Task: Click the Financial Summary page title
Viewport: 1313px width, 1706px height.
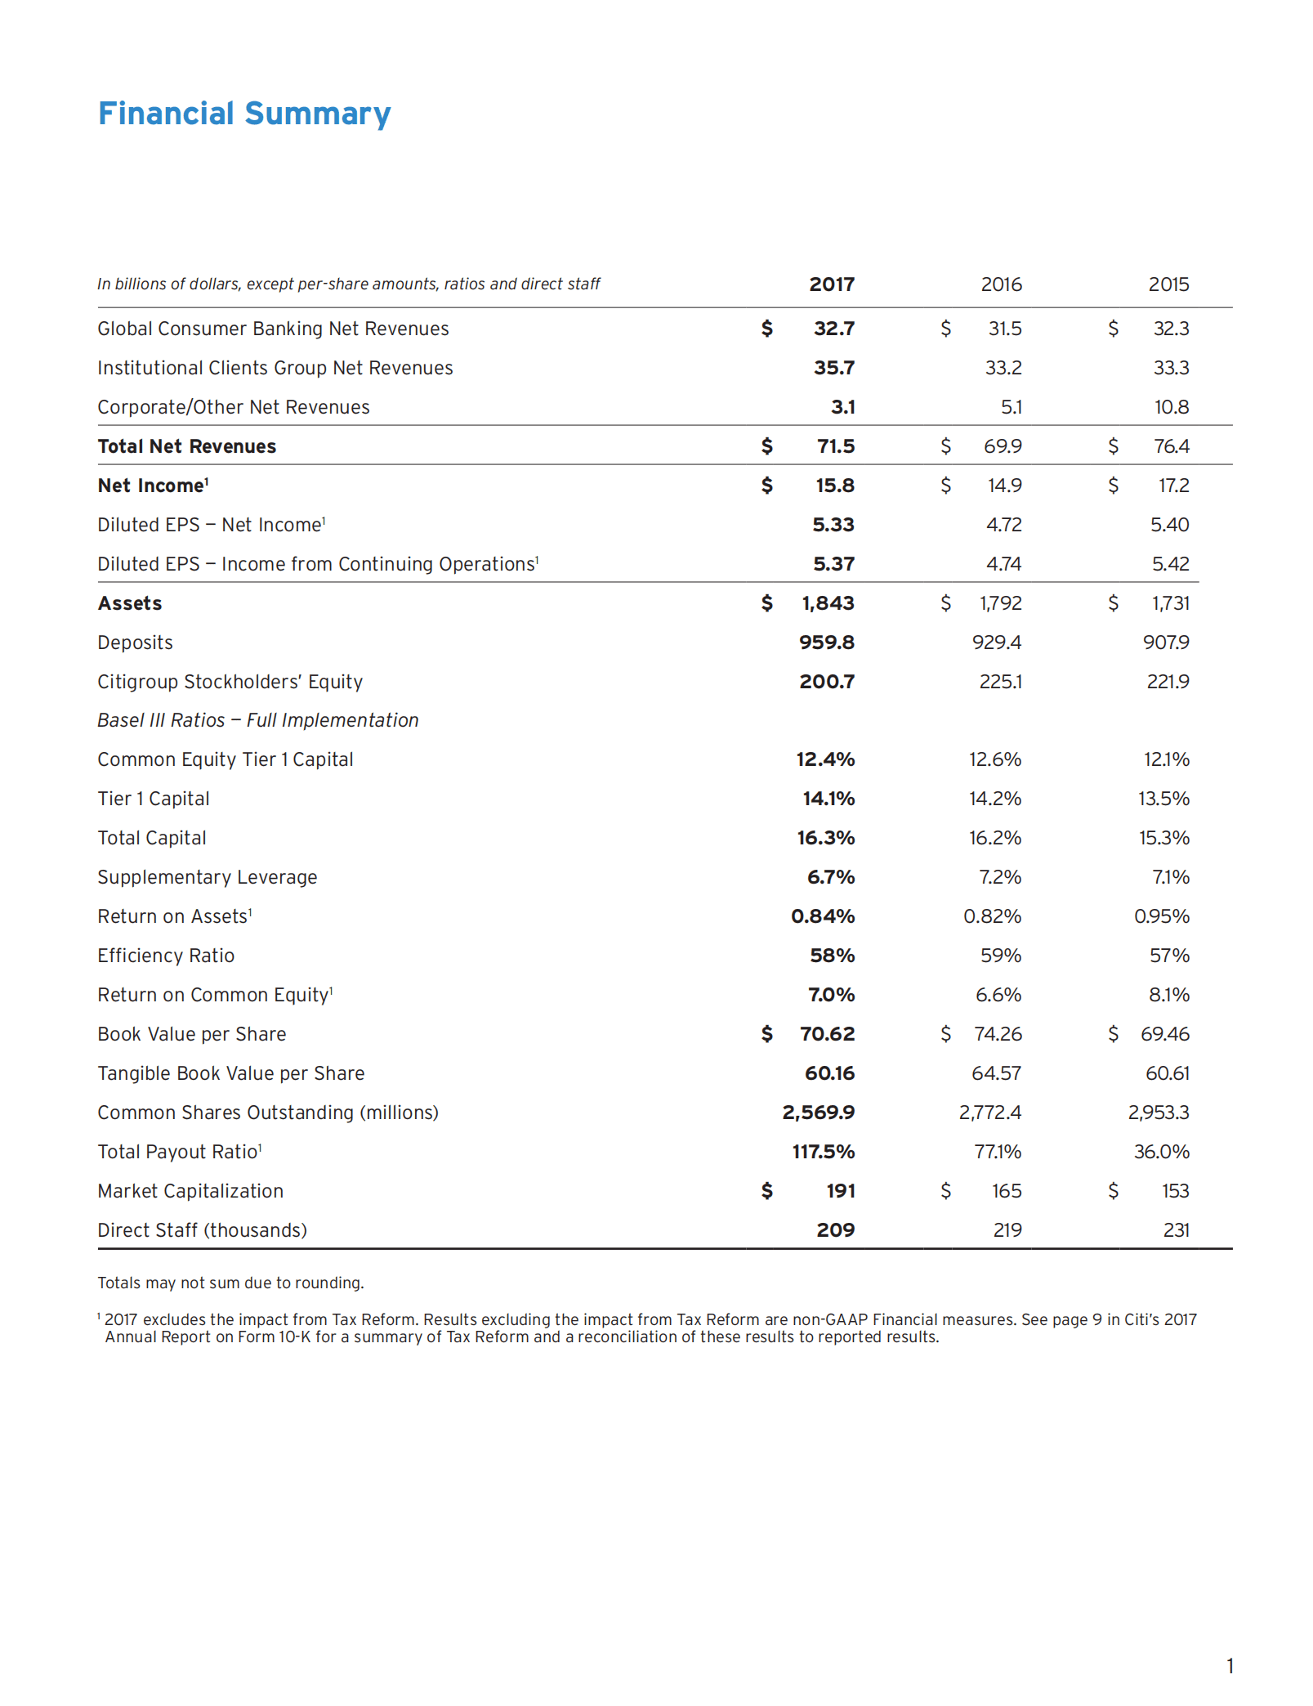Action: point(244,114)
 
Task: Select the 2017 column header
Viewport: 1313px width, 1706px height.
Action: point(831,284)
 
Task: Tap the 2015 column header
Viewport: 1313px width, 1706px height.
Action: point(1168,284)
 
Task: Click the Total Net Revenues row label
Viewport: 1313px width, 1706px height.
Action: point(187,446)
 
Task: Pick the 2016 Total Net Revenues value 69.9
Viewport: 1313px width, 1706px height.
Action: point(1003,446)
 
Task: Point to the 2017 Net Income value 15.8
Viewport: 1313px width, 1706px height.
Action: point(834,486)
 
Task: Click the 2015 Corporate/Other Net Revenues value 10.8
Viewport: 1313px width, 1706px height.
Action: point(1171,407)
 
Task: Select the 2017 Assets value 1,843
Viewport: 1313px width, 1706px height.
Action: point(828,603)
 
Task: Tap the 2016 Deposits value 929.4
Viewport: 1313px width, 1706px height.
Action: point(996,643)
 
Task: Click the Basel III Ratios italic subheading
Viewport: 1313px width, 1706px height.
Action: point(258,720)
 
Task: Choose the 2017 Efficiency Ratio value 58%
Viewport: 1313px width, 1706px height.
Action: point(832,956)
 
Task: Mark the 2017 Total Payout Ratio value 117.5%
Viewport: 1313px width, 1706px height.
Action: point(823,1152)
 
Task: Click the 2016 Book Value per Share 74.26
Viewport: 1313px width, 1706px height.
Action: point(998,1034)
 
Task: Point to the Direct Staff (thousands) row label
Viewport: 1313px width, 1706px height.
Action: point(202,1230)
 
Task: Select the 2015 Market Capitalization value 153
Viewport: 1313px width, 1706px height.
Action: point(1175,1191)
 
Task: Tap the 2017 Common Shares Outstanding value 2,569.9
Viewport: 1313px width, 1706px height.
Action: point(818,1113)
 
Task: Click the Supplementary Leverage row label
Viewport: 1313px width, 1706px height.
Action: point(208,877)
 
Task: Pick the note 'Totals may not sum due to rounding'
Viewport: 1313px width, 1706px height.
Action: point(230,1283)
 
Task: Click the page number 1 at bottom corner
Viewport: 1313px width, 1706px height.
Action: point(1230,1665)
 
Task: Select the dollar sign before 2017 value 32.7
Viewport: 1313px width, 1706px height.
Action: point(766,329)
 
